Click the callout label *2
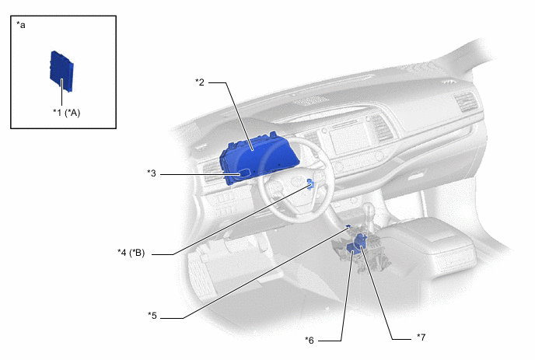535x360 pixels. point(200,82)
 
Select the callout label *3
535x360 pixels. point(152,173)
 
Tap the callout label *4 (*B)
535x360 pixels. point(131,253)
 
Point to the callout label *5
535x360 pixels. point(152,316)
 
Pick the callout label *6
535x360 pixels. point(309,341)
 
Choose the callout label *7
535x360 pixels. point(421,337)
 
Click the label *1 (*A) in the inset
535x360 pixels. point(67,113)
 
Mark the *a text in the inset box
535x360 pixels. point(21,25)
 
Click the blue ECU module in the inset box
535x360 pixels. point(61,72)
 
